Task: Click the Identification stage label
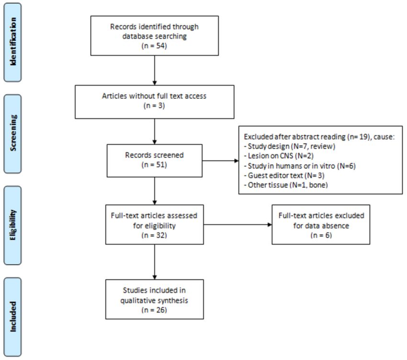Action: (13, 42)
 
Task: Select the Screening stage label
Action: (13, 133)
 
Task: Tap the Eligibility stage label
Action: (13, 225)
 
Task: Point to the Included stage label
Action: (13, 316)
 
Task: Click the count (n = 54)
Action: (155, 46)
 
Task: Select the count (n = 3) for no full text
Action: (155, 105)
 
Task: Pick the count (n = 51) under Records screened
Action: (155, 164)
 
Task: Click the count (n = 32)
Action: (155, 235)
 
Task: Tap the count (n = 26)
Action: (155, 310)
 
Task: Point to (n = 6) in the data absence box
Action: (321, 235)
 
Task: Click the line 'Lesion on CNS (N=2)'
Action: (279, 156)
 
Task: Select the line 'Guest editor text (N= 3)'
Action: (284, 175)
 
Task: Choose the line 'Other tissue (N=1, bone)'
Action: (286, 185)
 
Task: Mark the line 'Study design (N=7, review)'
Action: (290, 146)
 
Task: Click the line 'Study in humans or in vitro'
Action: (289, 166)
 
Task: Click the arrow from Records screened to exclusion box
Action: (220, 161)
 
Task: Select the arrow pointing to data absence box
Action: (238, 225)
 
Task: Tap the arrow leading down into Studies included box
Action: (155, 262)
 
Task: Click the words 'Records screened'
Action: (155, 155)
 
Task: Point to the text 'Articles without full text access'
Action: (154, 96)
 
